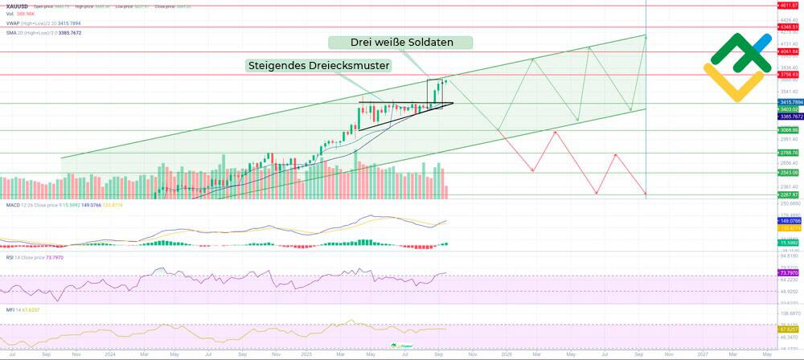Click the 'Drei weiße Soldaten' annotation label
(x=400, y=42)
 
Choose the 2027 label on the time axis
(x=703, y=354)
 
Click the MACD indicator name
(x=10, y=205)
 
